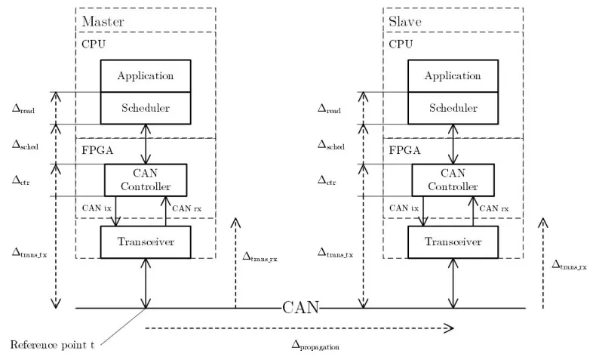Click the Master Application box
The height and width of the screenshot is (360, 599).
146,75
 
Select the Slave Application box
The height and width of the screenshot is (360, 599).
452,75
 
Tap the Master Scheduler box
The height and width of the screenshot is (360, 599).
146,108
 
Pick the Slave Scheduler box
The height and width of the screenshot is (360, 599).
452,108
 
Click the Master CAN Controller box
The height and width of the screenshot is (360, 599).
146,180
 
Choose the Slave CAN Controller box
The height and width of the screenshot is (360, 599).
452,180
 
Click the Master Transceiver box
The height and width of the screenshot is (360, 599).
146,241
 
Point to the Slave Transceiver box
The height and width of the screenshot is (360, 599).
452,241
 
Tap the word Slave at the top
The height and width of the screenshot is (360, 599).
404,21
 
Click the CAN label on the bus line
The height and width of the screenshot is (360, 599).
301,307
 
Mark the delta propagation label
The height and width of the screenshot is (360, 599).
316,346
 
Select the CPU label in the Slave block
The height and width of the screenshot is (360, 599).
400,44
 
